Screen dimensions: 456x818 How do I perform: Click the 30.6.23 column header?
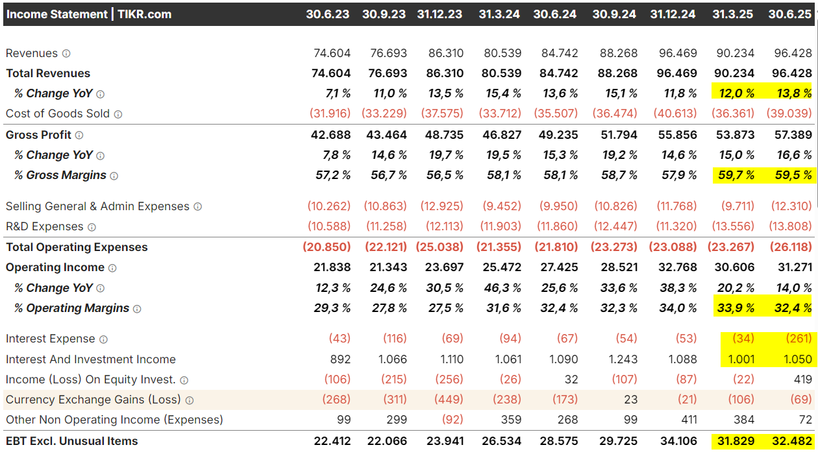coord(328,14)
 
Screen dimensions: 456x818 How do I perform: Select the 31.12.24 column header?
coord(673,14)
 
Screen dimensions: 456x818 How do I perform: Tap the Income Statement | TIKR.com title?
coord(89,14)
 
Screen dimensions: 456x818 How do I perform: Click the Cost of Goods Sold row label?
coord(58,114)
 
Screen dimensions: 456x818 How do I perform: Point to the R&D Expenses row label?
coord(45,226)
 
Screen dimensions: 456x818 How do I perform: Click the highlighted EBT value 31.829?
coord(733,441)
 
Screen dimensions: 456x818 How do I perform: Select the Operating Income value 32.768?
coord(675,267)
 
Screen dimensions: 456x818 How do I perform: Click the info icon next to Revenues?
coord(66,53)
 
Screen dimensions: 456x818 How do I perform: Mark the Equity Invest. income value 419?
coord(802,379)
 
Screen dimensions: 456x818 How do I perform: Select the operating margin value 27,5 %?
coord(445,308)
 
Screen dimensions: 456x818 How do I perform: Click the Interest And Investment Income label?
coord(91,359)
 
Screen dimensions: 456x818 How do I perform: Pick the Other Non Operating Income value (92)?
coord(452,420)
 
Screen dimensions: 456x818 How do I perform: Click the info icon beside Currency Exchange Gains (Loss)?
coord(190,400)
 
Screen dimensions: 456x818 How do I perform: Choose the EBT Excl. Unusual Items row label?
coord(72,441)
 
